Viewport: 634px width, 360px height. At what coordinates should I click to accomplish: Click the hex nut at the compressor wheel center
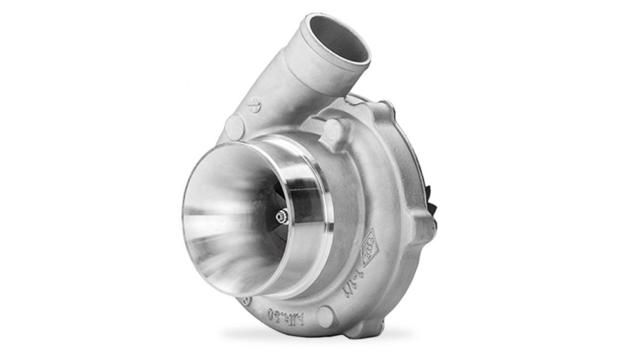(x=282, y=216)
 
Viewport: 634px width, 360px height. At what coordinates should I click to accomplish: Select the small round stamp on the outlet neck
(x=254, y=105)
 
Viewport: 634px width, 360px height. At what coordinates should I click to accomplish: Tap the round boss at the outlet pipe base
(x=235, y=128)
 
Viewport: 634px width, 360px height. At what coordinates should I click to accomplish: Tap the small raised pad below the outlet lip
(x=357, y=98)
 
